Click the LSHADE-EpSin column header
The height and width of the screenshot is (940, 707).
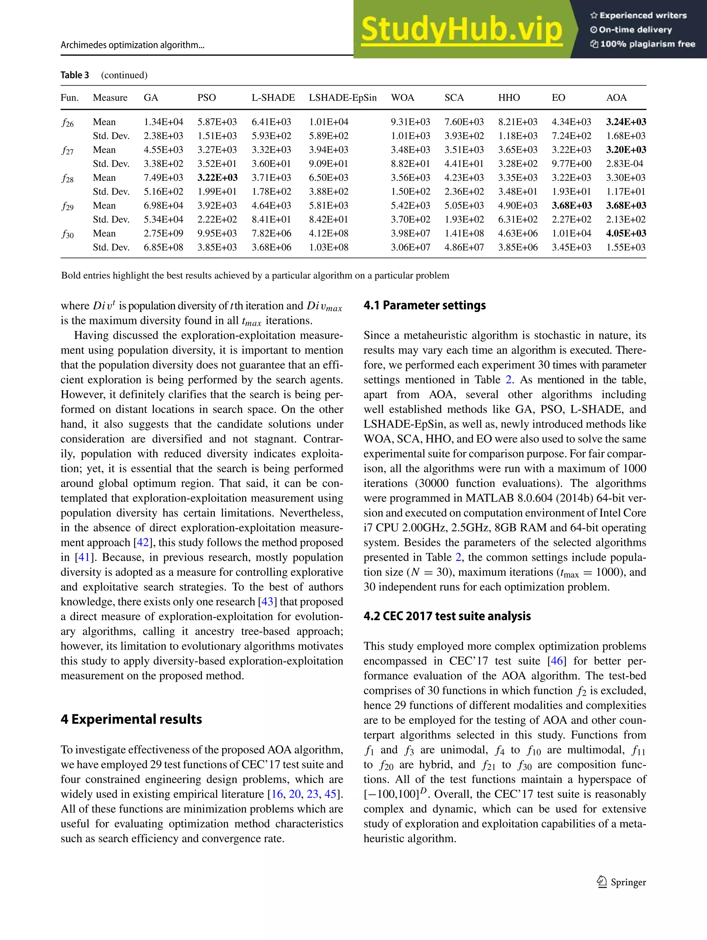click(x=342, y=98)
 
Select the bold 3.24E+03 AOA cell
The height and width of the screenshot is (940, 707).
click(x=626, y=122)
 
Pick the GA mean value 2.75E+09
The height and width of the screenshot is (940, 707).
click(x=163, y=233)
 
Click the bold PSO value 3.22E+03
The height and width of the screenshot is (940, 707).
click(x=217, y=178)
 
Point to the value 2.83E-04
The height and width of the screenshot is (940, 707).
click(x=624, y=164)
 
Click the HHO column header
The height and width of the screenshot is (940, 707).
click(x=509, y=98)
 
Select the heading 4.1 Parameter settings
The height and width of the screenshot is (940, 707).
click(x=425, y=305)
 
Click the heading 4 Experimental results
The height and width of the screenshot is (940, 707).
click(x=131, y=719)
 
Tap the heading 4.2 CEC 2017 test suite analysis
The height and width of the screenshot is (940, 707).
click(x=447, y=616)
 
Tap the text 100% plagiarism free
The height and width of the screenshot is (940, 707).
click(x=642, y=44)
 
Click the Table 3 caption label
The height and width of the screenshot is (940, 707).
click(x=75, y=75)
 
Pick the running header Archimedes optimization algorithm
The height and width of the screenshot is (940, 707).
click(x=132, y=45)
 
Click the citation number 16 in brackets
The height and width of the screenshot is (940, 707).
click(x=277, y=794)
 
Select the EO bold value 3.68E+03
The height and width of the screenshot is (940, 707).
click(x=571, y=206)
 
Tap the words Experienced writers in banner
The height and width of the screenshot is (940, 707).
click(x=638, y=15)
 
